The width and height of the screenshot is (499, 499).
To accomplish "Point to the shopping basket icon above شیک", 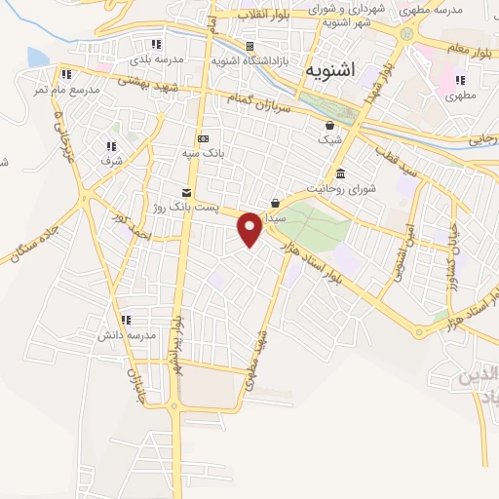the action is coord(330,125).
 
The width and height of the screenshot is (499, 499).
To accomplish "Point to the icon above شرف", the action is coord(108,146).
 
